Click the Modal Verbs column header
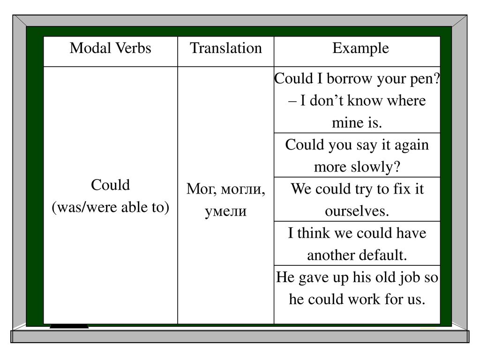(x=110, y=48)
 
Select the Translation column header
(x=225, y=48)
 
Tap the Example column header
(x=360, y=49)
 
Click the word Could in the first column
(x=110, y=185)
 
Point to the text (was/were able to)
(x=110, y=207)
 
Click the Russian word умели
(x=225, y=211)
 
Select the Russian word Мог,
(x=202, y=189)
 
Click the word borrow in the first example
(x=350, y=79)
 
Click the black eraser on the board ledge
(x=69, y=326)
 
